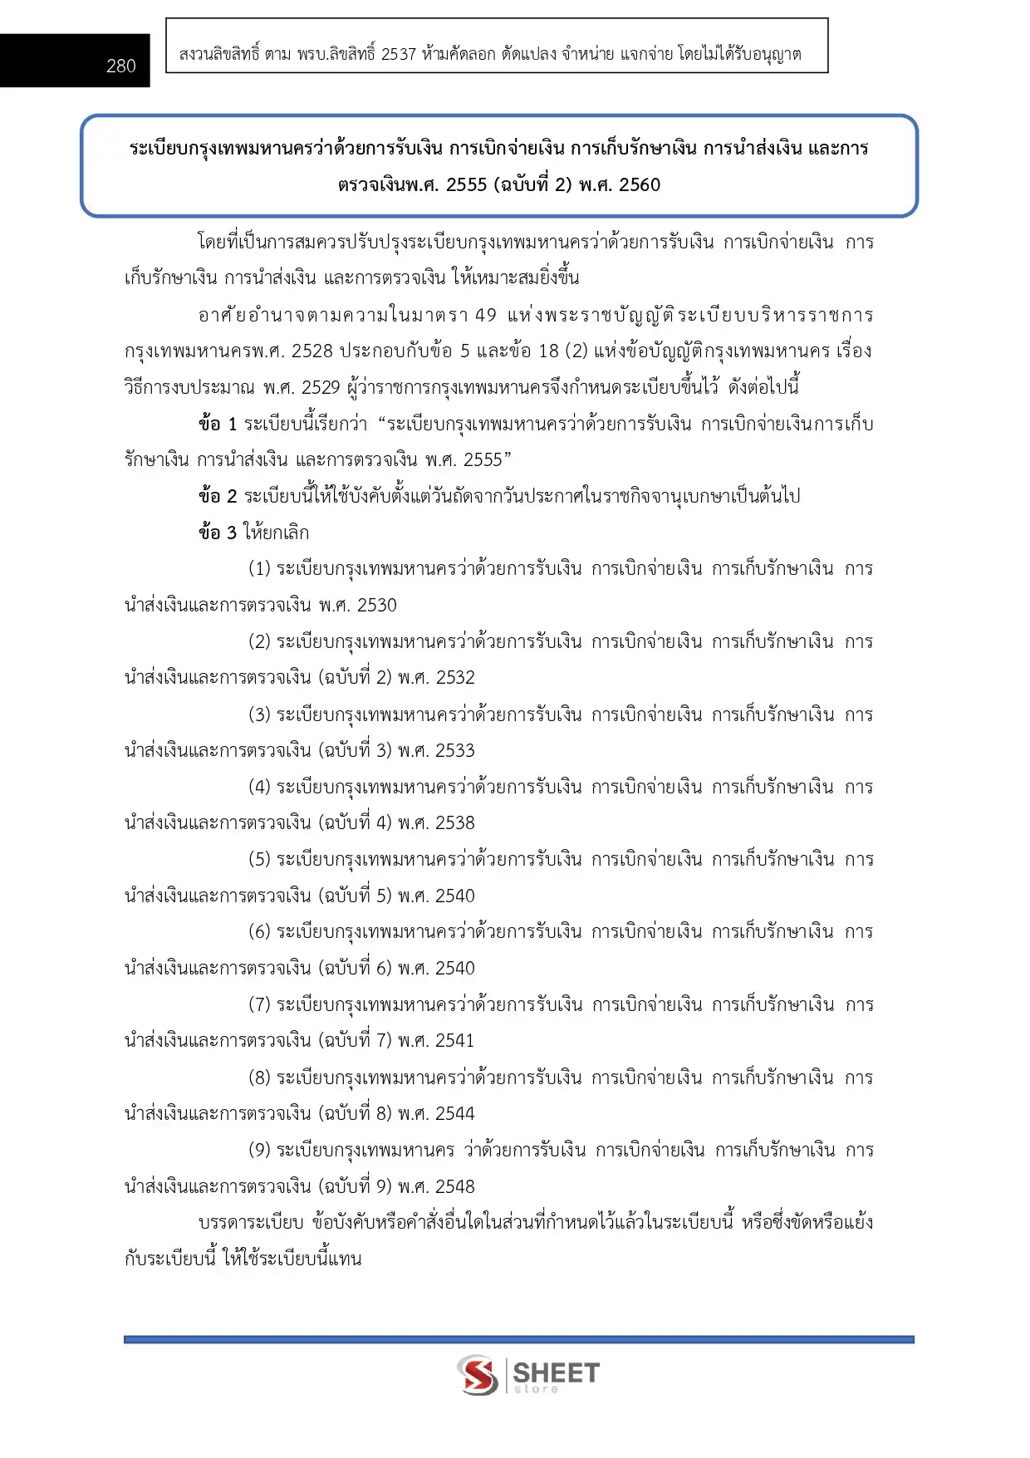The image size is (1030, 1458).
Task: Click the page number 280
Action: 121,66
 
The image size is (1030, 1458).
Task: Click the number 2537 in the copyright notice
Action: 399,54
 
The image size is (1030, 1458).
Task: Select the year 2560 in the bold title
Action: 640,184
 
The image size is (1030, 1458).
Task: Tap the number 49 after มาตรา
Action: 486,315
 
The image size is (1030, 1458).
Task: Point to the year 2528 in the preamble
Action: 312,351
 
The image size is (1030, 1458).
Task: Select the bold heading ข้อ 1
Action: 218,424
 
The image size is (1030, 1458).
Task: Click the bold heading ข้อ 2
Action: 218,496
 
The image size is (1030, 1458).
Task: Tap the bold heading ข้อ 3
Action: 218,533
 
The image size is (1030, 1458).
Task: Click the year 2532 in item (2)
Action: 455,677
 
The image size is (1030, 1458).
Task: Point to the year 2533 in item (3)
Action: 455,750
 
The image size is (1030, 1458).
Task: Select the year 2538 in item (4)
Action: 455,822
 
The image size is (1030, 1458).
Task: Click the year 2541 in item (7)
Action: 455,1040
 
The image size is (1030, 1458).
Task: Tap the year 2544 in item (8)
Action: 455,1113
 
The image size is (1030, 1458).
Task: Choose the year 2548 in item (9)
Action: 455,1186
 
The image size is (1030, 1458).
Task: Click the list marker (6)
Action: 259,932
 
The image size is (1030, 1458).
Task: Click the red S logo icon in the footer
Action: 478,1375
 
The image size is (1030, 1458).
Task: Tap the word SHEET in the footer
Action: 556,1372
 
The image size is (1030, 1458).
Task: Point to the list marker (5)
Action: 259,859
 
